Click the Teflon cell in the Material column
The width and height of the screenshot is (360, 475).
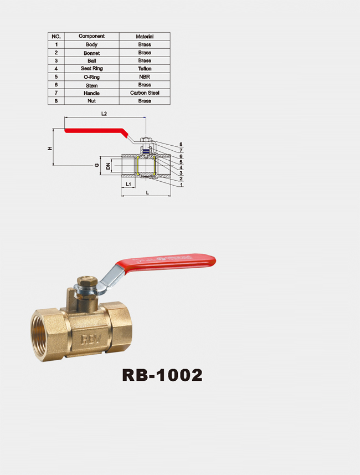145,69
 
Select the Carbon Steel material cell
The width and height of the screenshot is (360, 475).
145,93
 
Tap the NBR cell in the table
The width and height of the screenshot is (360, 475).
145,76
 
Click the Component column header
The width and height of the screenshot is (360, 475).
91,36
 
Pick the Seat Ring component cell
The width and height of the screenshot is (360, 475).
92,69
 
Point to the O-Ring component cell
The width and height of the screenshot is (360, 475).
92,77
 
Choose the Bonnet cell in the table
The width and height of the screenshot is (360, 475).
92,53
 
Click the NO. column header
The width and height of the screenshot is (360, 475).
56,37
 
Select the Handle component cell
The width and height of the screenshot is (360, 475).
92,93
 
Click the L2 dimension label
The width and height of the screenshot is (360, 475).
104,114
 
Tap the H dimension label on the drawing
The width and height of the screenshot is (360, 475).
50,148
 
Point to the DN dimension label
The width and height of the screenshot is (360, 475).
108,166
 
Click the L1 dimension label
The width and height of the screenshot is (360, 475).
128,184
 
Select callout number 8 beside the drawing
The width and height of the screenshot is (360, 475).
181,145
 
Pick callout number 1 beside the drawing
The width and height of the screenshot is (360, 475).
181,185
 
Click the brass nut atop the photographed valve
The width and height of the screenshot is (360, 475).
87,282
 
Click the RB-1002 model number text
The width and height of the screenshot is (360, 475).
162,375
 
